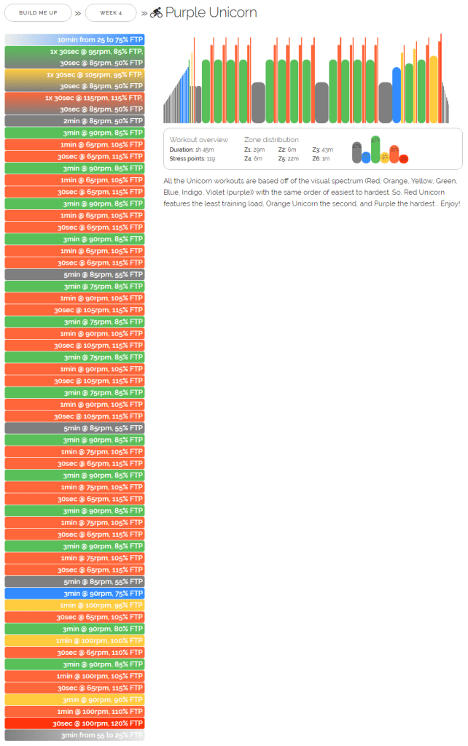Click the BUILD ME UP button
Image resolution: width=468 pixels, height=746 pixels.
tap(39, 12)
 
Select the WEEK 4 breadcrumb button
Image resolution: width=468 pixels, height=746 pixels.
tap(111, 12)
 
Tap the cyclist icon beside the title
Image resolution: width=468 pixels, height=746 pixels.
tap(156, 12)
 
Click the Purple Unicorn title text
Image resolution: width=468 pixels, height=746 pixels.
tap(211, 12)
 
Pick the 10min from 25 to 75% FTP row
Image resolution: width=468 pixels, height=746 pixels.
tap(74, 39)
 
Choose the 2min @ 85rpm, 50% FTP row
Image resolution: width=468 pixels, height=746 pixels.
tap(74, 121)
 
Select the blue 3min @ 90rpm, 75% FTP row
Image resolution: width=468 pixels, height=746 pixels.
tap(74, 594)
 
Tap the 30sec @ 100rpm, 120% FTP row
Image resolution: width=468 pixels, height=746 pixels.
tap(74, 723)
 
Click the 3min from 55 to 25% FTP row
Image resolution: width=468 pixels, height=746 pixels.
tap(74, 735)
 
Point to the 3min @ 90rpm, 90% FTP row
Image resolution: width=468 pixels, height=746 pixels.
tap(74, 699)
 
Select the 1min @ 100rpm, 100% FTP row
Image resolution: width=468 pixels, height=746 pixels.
tap(74, 640)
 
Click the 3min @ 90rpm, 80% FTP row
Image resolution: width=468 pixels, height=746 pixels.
tap(74, 629)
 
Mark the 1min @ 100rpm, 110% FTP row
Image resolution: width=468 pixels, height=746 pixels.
tap(74, 711)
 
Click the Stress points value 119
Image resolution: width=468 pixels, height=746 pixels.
tap(210, 158)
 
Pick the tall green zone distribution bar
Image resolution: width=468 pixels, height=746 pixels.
tap(375, 149)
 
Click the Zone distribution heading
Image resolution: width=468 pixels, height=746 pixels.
tap(271, 139)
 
